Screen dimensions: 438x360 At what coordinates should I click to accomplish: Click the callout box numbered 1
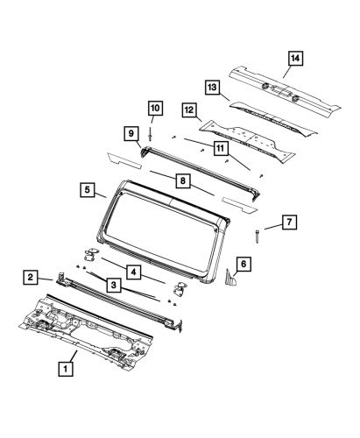(64, 393)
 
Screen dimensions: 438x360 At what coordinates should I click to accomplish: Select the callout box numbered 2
(31, 278)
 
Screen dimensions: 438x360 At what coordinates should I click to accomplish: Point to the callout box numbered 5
(88, 189)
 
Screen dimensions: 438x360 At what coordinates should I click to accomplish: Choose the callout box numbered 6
(244, 262)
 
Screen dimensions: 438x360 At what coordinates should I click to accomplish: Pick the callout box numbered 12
(188, 110)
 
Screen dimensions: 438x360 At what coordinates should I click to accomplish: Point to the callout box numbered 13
(211, 87)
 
